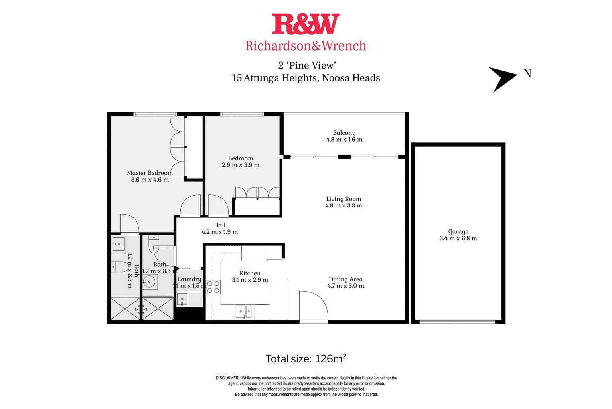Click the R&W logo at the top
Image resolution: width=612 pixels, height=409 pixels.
point(306,24)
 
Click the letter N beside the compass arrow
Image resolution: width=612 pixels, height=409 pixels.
point(527,74)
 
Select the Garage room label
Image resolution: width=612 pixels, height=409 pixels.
point(458,231)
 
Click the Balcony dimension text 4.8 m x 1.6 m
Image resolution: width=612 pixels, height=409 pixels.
point(344,140)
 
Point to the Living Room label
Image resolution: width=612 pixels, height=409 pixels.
point(343,199)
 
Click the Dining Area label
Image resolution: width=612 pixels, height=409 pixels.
point(345,279)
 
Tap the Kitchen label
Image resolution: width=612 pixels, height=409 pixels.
point(250,273)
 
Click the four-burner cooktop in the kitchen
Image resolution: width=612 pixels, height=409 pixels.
point(213,287)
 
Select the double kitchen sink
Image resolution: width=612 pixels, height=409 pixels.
point(243,311)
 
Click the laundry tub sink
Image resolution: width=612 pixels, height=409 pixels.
point(183,299)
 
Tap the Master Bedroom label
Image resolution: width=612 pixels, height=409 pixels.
point(150,173)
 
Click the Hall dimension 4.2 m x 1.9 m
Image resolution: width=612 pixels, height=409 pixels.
point(219,232)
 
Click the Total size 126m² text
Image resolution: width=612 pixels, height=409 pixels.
point(306,358)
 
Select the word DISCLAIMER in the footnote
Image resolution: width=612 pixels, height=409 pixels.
point(227,378)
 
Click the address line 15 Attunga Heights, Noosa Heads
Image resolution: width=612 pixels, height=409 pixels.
point(306,78)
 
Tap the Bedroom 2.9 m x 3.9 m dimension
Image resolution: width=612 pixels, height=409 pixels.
point(241,165)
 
